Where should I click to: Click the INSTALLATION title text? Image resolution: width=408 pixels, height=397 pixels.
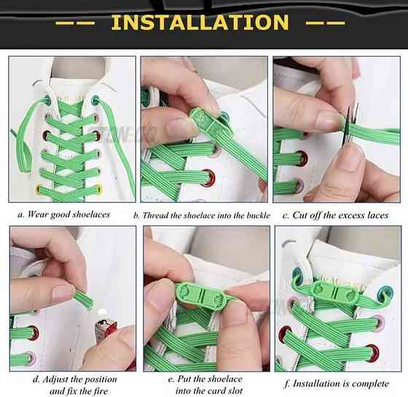pyautogui.click(x=200, y=22)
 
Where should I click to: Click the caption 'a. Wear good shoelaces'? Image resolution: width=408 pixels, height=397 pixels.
pyautogui.click(x=64, y=214)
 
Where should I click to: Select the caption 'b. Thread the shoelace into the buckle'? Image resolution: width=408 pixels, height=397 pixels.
pyautogui.click(x=202, y=215)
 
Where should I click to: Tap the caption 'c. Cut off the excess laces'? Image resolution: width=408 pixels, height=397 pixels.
pyautogui.click(x=336, y=215)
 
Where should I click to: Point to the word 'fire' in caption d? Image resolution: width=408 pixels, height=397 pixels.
pyautogui.click(x=101, y=390)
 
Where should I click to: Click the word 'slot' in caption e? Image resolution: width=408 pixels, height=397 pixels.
pyautogui.click(x=235, y=390)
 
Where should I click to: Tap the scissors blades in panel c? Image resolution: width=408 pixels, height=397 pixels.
pyautogui.click(x=350, y=124)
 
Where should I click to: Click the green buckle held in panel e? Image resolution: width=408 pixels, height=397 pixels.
pyautogui.click(x=203, y=296)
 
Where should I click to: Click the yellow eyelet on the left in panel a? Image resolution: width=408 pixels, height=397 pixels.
pyautogui.click(x=39, y=188)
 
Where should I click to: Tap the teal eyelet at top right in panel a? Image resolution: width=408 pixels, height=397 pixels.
pyautogui.click(x=95, y=100)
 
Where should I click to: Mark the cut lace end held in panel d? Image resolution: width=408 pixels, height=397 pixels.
pyautogui.click(x=85, y=299)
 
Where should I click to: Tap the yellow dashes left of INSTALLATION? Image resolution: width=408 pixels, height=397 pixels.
pyautogui.click(x=75, y=23)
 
